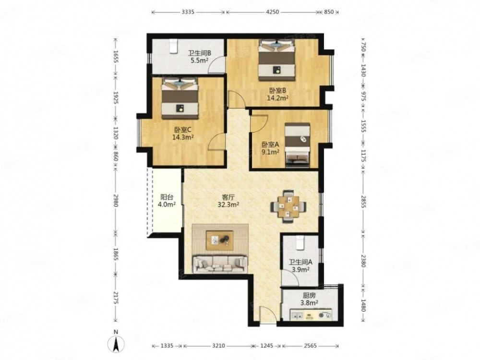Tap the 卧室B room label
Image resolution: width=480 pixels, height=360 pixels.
(x=277, y=91)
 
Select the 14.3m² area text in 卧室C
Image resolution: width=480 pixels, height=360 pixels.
(x=183, y=137)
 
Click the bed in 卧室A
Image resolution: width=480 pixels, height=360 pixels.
(x=298, y=145)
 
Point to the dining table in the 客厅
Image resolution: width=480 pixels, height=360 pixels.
(x=288, y=206)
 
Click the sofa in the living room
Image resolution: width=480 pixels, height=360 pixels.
(x=220, y=264)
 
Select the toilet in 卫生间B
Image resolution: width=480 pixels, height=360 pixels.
(x=174, y=47)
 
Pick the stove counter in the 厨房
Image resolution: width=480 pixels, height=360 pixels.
(x=311, y=314)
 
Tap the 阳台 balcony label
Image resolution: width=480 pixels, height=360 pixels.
(x=166, y=197)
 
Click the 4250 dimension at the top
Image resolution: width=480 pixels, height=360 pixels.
(x=273, y=12)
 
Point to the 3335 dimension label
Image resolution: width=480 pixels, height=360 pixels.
(x=188, y=12)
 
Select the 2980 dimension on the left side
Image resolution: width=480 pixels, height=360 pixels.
(x=116, y=200)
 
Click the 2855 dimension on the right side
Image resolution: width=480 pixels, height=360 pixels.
(x=363, y=202)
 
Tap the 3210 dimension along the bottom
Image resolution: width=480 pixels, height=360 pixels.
(x=218, y=346)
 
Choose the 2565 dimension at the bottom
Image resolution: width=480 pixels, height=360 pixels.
(x=310, y=346)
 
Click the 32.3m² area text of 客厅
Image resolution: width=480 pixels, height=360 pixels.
(x=228, y=204)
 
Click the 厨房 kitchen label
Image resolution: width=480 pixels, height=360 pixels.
(x=309, y=296)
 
